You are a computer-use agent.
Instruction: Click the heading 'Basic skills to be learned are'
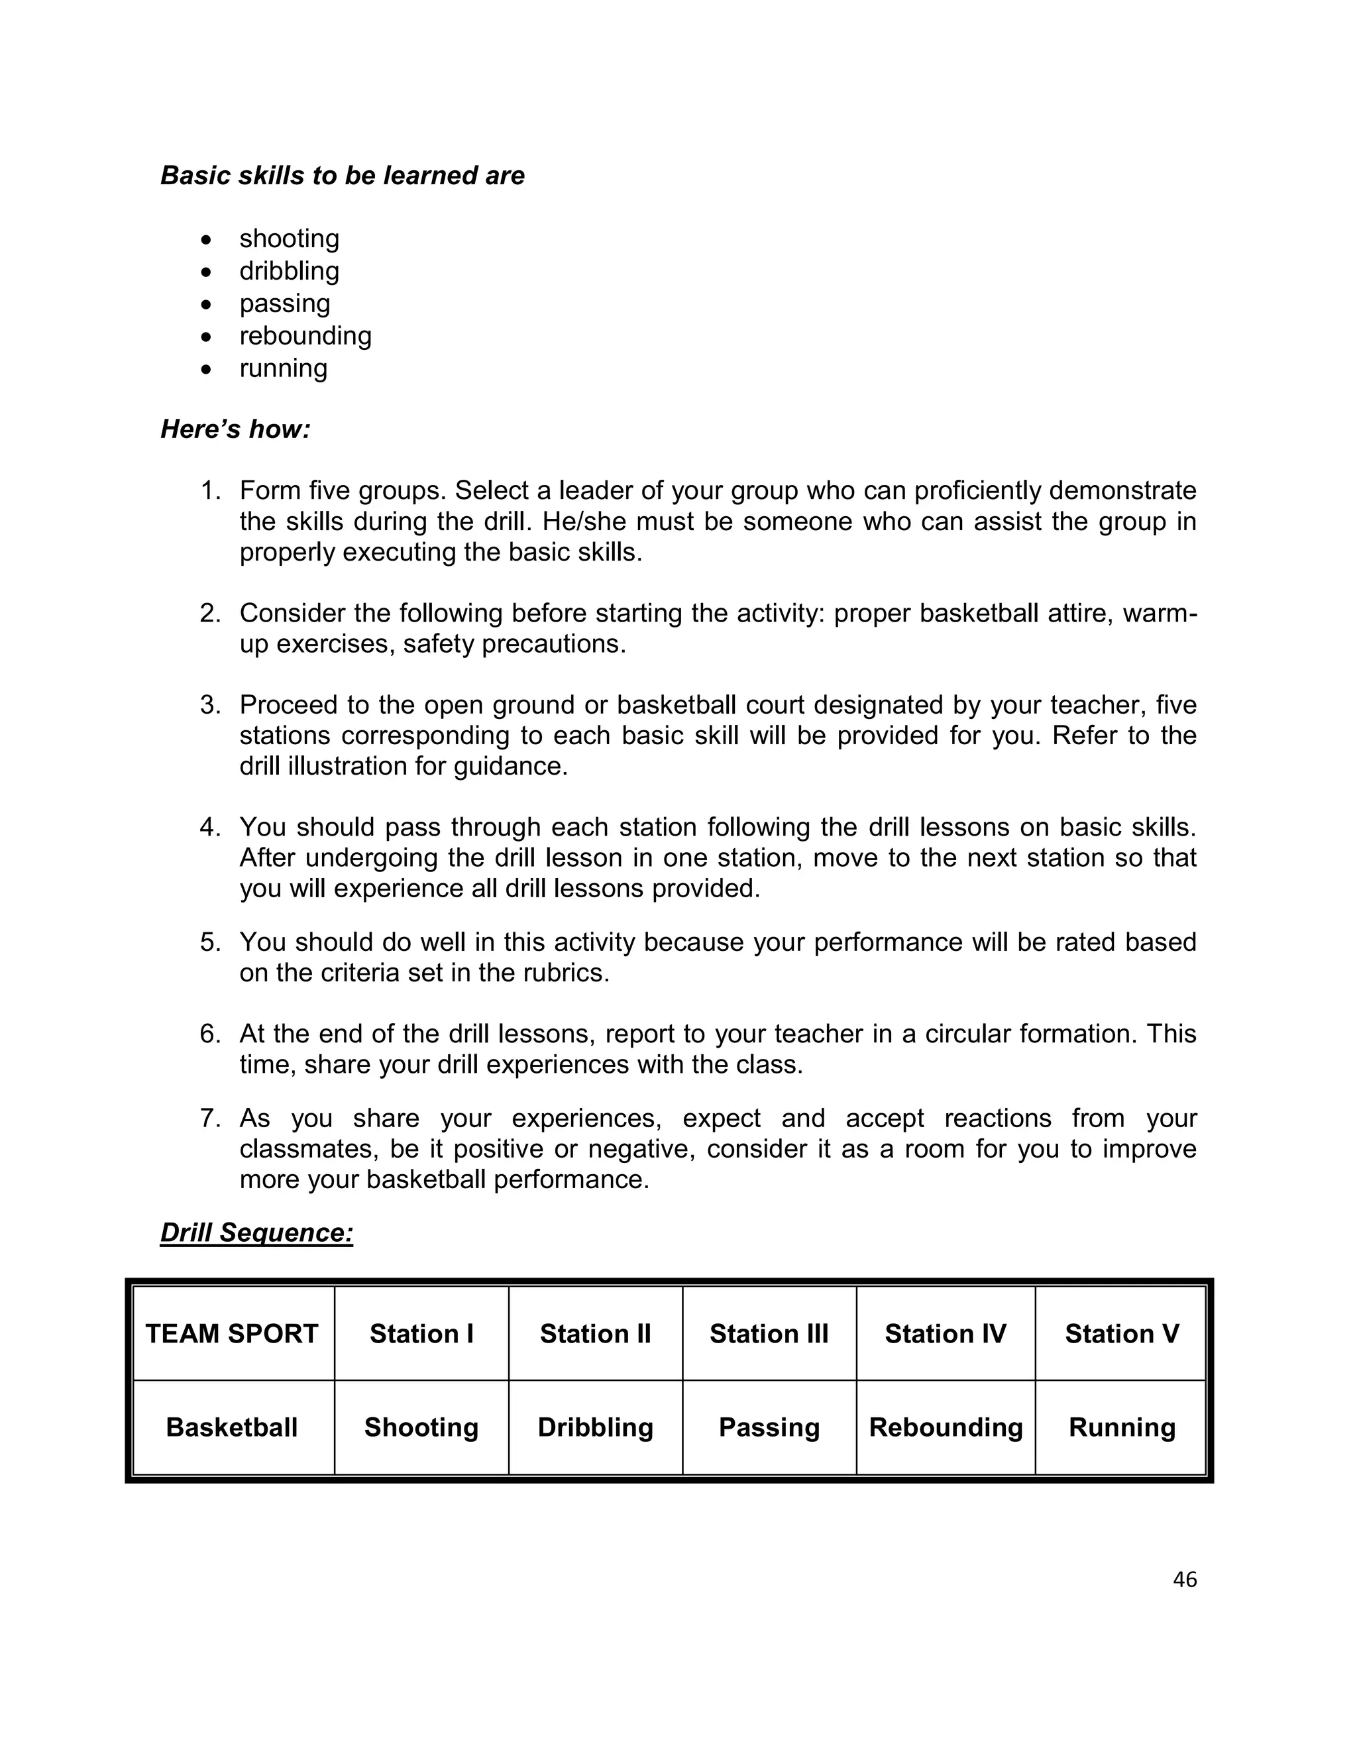[343, 176]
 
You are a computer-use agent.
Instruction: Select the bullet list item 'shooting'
[289, 239]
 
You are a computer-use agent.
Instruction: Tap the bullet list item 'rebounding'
[305, 335]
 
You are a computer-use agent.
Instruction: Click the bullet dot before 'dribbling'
[207, 272]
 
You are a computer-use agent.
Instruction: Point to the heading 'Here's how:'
[235, 429]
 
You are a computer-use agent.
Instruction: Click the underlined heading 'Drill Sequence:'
[256, 1233]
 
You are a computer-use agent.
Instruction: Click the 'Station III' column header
[769, 1334]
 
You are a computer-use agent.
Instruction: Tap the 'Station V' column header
[1122, 1334]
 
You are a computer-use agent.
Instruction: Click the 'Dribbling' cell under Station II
[595, 1427]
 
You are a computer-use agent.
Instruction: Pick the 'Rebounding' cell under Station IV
[946, 1427]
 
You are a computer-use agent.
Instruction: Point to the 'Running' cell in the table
[1122, 1427]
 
